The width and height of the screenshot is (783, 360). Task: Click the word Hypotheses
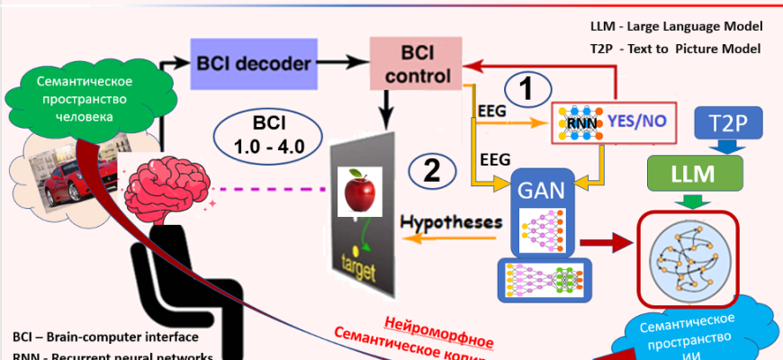click(450, 222)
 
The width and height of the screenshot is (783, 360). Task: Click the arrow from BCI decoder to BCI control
click(343, 64)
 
